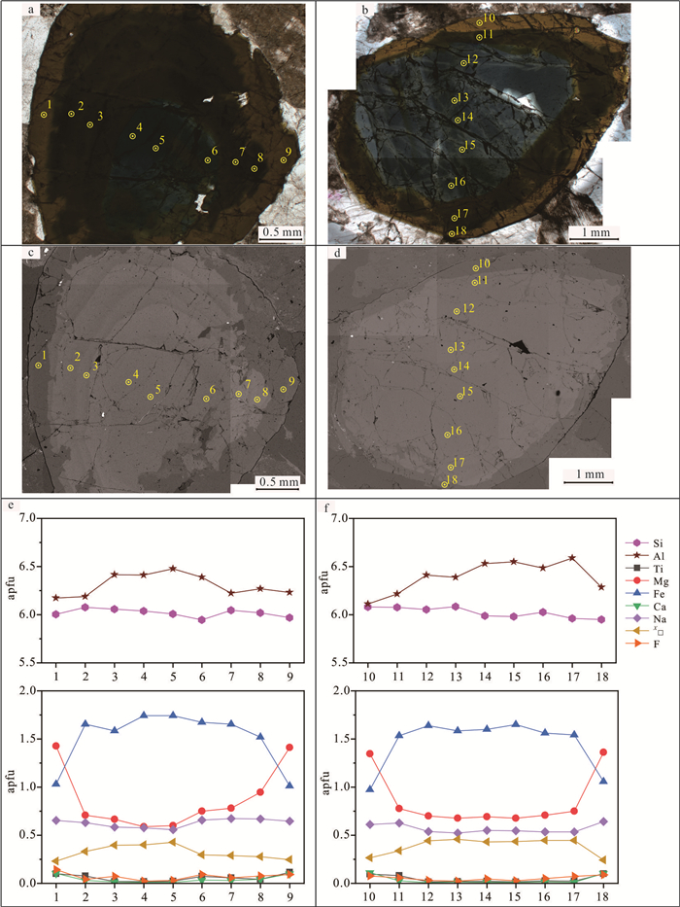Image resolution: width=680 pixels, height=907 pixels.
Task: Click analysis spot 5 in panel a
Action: tap(155, 149)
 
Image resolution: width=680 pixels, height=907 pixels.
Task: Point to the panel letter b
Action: tap(336, 11)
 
